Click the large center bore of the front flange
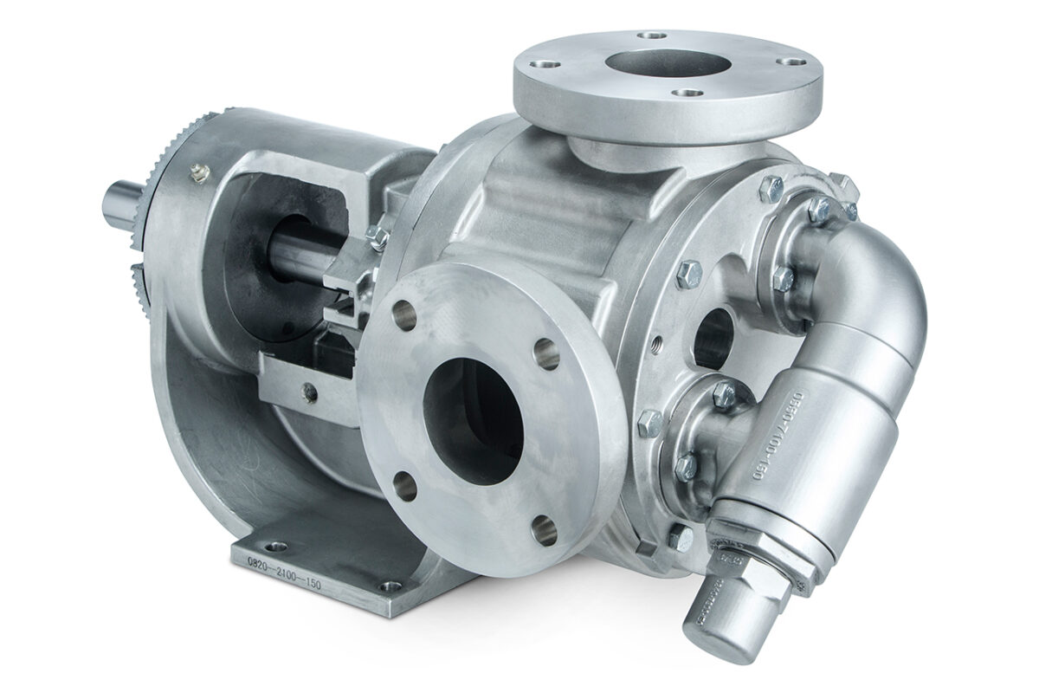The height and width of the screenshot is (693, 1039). click(x=472, y=407)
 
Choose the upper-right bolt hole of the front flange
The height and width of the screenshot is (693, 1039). click(x=545, y=351)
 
